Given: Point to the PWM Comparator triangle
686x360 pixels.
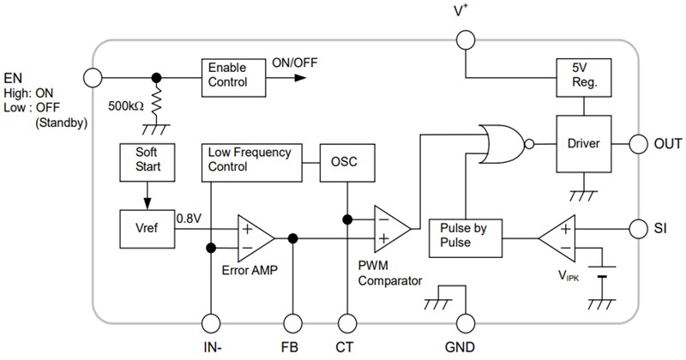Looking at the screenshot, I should click(390, 225).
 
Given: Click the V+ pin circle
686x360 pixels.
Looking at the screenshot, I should click(465, 39).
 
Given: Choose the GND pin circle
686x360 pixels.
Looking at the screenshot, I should click(465, 323).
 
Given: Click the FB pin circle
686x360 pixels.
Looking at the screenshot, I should click(293, 323).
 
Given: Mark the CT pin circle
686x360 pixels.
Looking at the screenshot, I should click(347, 323).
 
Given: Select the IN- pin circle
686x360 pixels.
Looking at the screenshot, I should click(210, 323).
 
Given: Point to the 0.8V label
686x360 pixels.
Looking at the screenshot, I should click(189, 218).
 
